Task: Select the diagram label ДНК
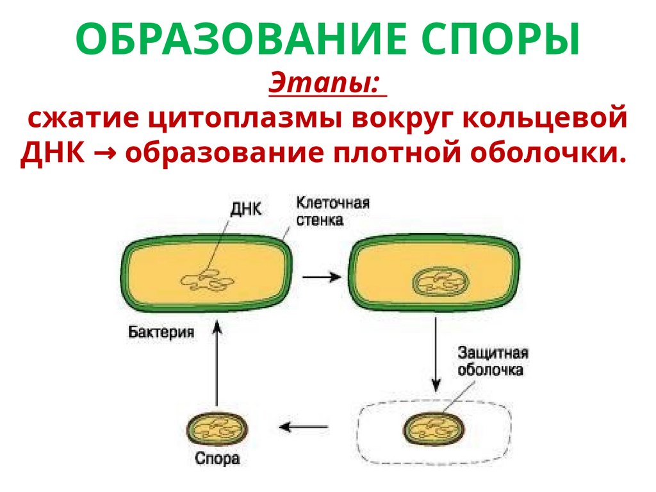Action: point(244,208)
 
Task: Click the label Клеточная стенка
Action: point(332,211)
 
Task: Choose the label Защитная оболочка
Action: point(493,361)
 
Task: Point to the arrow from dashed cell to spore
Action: point(306,427)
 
